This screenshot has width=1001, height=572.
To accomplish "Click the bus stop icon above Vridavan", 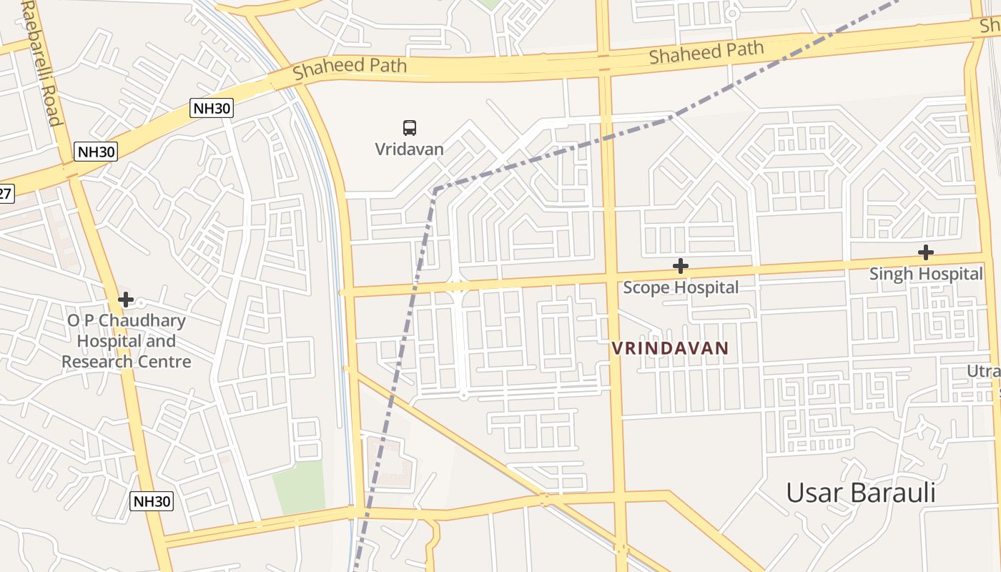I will (409, 128).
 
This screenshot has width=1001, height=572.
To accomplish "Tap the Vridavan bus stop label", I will (409, 149).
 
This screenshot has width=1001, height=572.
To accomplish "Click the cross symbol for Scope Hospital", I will (680, 266).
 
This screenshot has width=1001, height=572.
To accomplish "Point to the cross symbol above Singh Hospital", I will (925, 252).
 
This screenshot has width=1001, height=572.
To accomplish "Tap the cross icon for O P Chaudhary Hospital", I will (126, 299).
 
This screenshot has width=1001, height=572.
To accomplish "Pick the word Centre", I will (166, 361).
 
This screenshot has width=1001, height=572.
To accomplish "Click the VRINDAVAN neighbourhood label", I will (670, 348).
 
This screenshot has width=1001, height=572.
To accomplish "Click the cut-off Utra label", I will (984, 371).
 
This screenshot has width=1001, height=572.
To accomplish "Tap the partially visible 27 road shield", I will (6, 192).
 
